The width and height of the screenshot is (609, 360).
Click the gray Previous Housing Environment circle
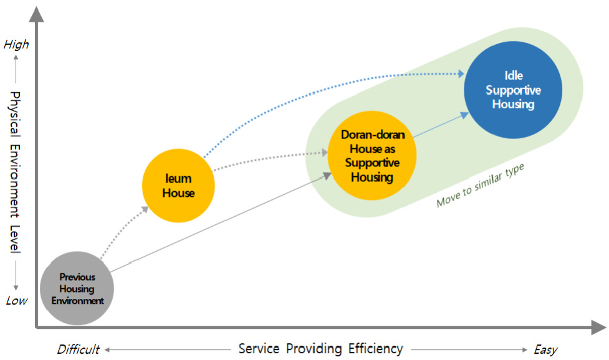coord(77,288)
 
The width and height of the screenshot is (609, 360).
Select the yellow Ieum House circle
coord(178,185)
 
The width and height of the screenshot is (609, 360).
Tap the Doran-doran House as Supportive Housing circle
coord(372,156)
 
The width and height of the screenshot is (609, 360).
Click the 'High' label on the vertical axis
coord(16,44)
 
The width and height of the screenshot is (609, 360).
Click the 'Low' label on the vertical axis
coord(17,301)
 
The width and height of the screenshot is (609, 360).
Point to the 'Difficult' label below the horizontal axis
coord(78,349)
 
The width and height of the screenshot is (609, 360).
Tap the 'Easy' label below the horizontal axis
coord(545,349)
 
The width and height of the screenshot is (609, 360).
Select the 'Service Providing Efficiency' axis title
coord(320,348)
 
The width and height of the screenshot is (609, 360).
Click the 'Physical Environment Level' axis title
coord(16,173)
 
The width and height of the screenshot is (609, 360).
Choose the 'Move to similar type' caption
coord(480,186)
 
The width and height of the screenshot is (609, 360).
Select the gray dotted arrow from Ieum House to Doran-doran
coord(268,156)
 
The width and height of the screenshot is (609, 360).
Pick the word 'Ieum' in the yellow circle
coord(178,179)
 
